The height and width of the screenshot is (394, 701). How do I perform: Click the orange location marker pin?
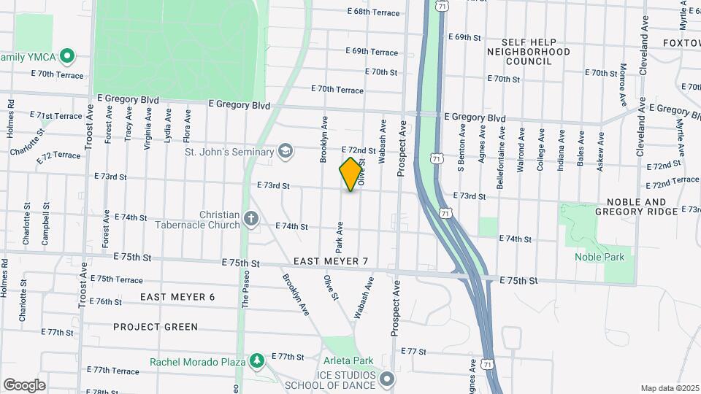click(351, 174)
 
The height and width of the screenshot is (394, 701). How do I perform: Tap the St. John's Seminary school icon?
click(286, 152)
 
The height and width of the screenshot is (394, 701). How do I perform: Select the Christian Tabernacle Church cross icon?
click(250, 219)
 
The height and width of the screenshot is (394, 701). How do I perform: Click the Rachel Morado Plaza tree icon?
click(257, 361)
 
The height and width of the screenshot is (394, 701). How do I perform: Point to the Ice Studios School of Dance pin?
click(387, 379)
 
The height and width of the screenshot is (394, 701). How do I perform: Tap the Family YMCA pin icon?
click(67, 55)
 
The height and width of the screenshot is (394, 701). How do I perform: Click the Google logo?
click(24, 385)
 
